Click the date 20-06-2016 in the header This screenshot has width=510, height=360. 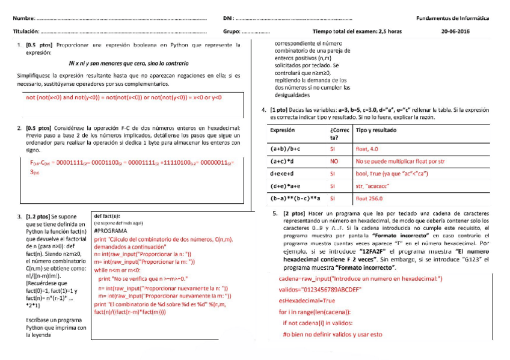click(456, 31)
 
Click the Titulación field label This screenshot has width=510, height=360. click(26, 31)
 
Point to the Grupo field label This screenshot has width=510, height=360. click(232, 31)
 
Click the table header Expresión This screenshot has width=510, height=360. click(283, 130)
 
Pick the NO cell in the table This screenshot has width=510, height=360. click(334, 161)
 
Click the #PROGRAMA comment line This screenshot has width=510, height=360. click(110, 230)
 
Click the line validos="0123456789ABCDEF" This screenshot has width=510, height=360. click(319, 289)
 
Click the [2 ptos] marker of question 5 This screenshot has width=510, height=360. click(294, 213)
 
